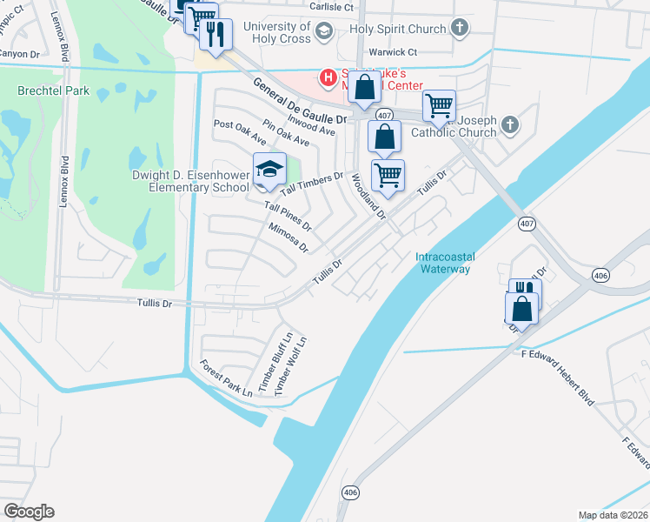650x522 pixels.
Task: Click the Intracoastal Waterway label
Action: [442, 263]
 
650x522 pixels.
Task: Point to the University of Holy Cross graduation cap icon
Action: [323, 33]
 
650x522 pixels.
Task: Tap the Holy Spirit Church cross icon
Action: [460, 29]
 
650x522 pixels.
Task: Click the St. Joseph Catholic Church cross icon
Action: [510, 126]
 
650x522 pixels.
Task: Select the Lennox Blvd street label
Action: [63, 179]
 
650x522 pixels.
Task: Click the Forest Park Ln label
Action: [225, 378]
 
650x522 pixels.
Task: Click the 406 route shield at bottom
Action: [350, 492]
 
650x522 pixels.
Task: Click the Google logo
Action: [29, 512]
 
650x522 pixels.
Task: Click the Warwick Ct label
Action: [390, 52]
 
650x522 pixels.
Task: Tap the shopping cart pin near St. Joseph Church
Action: [440, 105]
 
